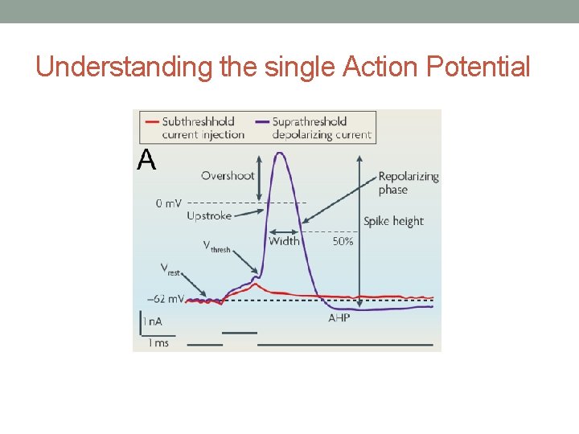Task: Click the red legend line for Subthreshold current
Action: (x=151, y=122)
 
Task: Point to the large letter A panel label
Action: (x=146, y=161)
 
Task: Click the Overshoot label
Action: (x=228, y=175)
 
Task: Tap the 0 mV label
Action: (x=169, y=203)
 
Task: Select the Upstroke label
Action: (x=209, y=215)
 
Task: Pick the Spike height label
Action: (x=393, y=221)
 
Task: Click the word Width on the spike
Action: (x=284, y=240)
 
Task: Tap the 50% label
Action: (x=343, y=241)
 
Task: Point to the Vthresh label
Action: (x=216, y=246)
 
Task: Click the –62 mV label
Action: (x=166, y=299)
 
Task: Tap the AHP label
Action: (x=339, y=318)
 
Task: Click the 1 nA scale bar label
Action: (x=152, y=321)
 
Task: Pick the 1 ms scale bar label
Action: (x=158, y=343)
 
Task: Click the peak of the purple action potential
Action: (x=280, y=154)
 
